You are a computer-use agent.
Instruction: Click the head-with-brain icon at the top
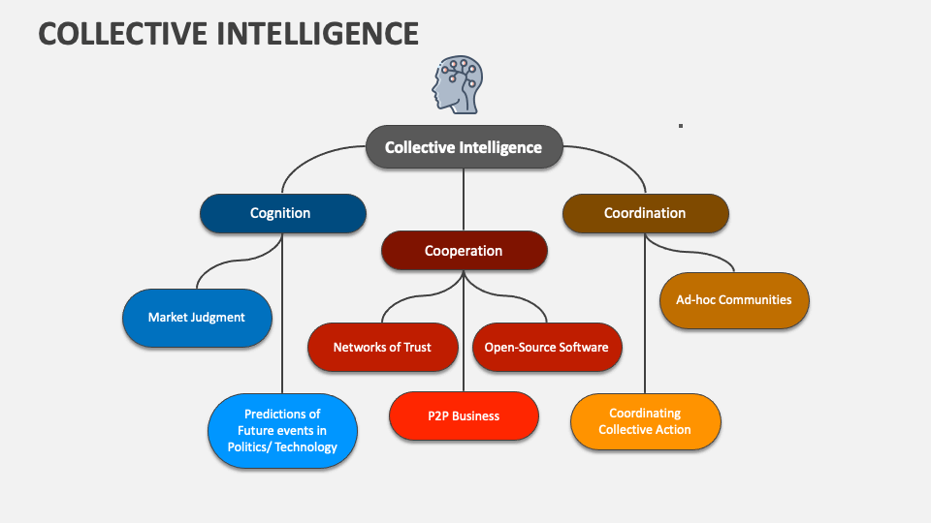click(x=457, y=86)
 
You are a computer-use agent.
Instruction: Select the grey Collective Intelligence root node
click(x=464, y=148)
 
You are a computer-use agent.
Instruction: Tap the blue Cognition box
click(x=282, y=214)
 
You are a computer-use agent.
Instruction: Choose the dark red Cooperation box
click(x=464, y=251)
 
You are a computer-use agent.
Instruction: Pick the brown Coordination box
click(x=645, y=214)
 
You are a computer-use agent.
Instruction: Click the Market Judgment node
click(x=197, y=318)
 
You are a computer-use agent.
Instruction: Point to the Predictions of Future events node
click(x=282, y=431)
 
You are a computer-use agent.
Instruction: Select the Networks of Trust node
click(x=382, y=348)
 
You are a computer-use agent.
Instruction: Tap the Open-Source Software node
click(x=547, y=348)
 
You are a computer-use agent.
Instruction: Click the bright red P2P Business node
click(x=464, y=416)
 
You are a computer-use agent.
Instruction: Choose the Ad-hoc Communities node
click(x=734, y=300)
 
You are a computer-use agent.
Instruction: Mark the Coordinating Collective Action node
click(x=645, y=421)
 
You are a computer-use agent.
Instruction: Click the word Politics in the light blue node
click(x=248, y=447)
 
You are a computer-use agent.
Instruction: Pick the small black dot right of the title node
click(x=681, y=125)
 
